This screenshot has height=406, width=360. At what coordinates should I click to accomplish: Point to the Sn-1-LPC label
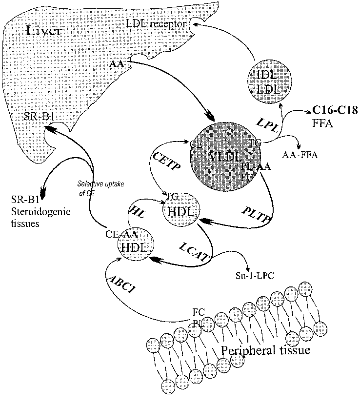pos(254,275)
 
